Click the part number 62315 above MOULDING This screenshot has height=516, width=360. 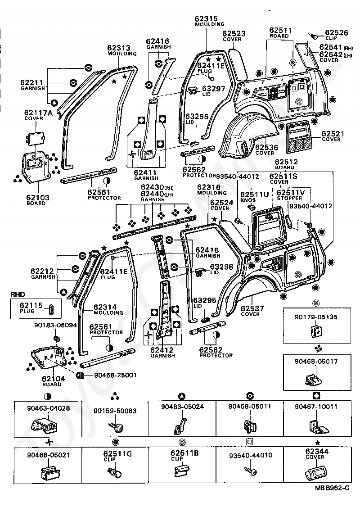point(206,19)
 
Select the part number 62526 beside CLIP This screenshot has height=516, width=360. point(336,32)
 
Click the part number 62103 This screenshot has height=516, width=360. point(38,198)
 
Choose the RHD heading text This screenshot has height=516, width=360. point(18,294)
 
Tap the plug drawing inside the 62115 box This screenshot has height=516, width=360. point(52,310)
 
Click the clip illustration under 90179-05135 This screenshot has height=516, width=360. point(317,331)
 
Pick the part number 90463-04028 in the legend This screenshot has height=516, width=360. point(48,408)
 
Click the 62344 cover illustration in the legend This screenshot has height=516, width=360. point(316,473)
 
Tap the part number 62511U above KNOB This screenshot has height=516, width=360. point(254,195)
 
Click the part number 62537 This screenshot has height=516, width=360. point(252,308)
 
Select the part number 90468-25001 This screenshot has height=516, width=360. point(115,375)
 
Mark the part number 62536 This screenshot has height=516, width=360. point(267,147)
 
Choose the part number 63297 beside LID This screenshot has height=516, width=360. point(213,89)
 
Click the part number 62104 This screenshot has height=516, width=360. point(54,379)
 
